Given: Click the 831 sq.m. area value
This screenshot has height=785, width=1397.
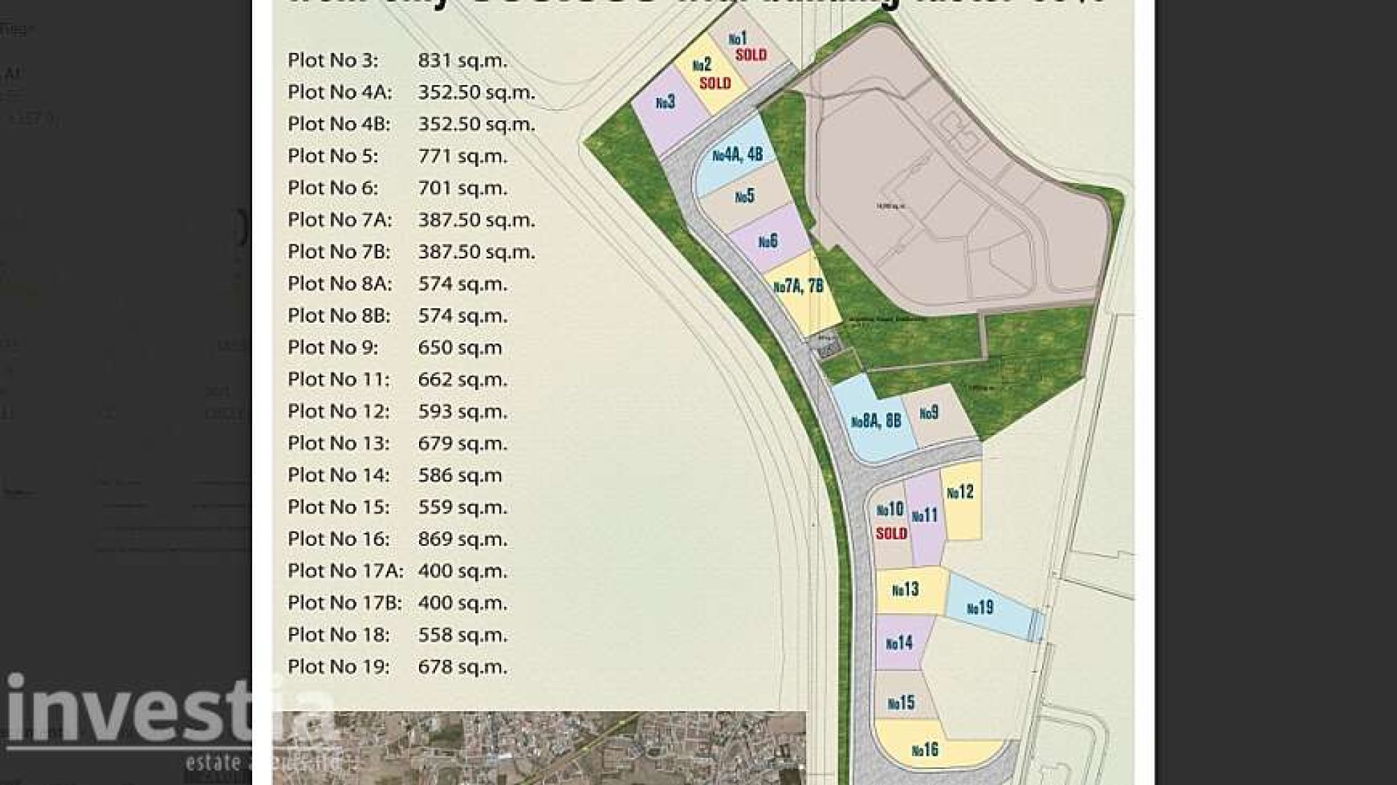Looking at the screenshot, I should coord(462,61).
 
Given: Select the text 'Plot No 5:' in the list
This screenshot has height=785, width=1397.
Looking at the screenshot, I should coord(332,156).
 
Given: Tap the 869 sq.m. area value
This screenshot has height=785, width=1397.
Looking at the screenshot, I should coord(462,539).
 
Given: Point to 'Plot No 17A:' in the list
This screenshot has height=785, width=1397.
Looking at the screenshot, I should coord(345,571).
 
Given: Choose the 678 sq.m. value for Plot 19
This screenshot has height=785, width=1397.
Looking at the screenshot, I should coord(462,667).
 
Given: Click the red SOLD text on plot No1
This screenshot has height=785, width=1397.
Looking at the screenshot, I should coord(751,54).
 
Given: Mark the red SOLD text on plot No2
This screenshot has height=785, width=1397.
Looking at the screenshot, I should coord(715,84).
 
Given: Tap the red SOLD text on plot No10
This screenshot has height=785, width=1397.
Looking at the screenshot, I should coord(891,534).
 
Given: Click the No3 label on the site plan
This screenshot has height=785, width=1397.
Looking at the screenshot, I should coord(666,103).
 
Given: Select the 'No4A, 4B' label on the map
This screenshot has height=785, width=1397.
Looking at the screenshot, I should coord(738,154).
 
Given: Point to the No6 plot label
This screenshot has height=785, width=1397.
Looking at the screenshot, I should coord(768,242).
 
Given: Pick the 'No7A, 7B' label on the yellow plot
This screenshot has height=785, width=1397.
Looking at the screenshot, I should coord(798,286).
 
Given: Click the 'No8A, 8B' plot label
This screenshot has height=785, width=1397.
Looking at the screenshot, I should coord(876,421).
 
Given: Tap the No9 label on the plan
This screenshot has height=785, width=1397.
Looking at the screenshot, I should coord(929,413).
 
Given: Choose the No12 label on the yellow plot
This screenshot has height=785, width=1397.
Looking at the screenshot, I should coord(960,492).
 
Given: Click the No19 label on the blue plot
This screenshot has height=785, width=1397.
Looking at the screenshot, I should coord(980,608).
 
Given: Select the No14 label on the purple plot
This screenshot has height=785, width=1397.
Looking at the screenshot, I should coord(899,643).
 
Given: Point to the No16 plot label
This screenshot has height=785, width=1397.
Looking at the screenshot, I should coord(925,750).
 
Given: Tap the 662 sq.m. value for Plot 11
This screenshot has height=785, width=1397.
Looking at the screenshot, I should coord(462,380).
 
